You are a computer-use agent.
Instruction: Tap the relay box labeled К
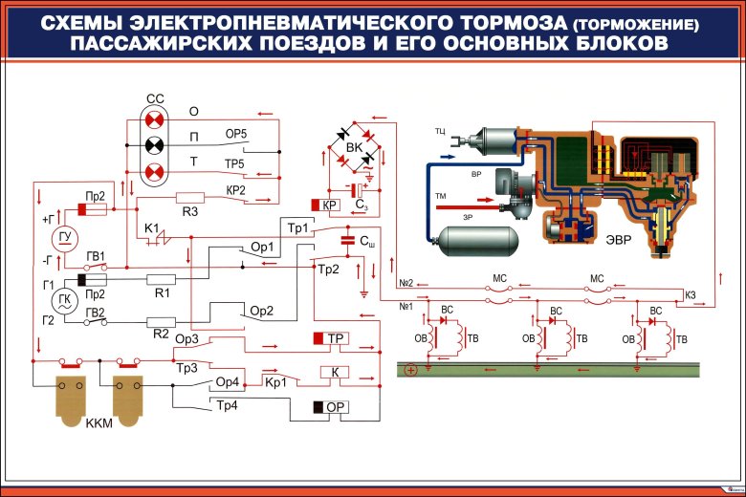pos(335,372)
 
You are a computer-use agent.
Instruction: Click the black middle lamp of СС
pos(154,145)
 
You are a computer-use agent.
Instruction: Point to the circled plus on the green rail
pos(411,369)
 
